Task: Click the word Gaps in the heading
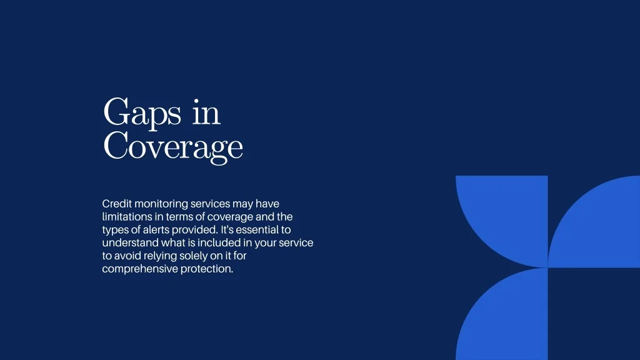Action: coord(142,113)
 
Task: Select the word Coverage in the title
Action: coord(173,147)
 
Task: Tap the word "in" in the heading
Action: coord(206,111)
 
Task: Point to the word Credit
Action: coord(117,203)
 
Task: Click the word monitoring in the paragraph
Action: coord(161,204)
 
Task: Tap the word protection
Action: coord(207,269)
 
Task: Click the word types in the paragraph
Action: coord(115,230)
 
